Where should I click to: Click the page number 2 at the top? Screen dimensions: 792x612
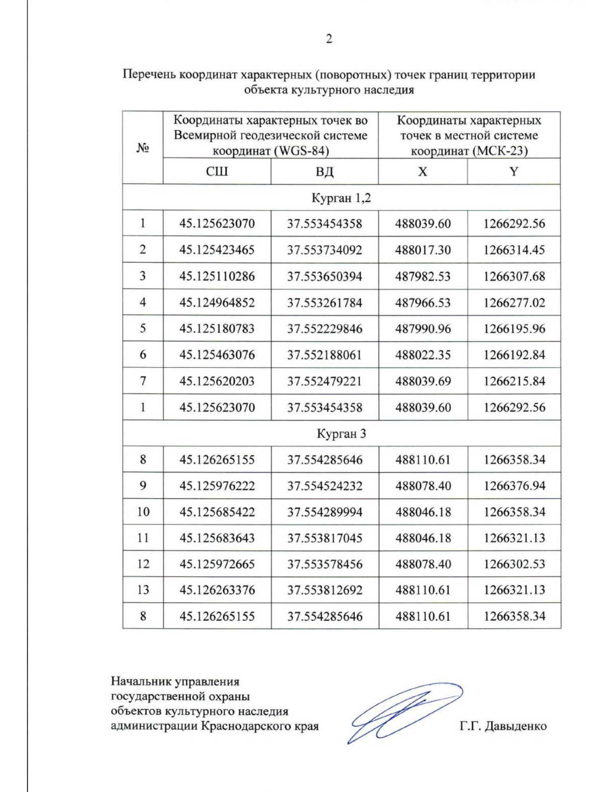(329, 39)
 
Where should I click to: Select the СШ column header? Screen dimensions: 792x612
(217, 171)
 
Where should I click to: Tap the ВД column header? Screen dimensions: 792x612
(324, 171)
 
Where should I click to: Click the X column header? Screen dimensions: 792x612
(422, 171)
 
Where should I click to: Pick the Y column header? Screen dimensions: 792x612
(514, 171)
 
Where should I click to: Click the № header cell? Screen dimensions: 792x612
(142, 148)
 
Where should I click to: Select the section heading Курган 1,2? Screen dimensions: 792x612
(341, 198)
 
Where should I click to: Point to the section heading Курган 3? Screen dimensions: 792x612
(341, 434)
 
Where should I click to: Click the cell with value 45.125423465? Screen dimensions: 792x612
(217, 250)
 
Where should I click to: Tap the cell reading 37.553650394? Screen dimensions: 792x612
(324, 276)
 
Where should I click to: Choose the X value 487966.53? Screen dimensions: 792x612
(423, 303)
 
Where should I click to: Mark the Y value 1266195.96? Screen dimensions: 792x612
(514, 329)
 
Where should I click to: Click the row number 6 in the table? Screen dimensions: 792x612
(143, 355)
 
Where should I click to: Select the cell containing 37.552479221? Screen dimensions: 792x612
(324, 381)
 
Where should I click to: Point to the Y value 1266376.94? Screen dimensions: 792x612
(514, 486)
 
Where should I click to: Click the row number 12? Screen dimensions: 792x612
(143, 564)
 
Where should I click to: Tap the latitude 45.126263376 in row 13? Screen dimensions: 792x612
(217, 590)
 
